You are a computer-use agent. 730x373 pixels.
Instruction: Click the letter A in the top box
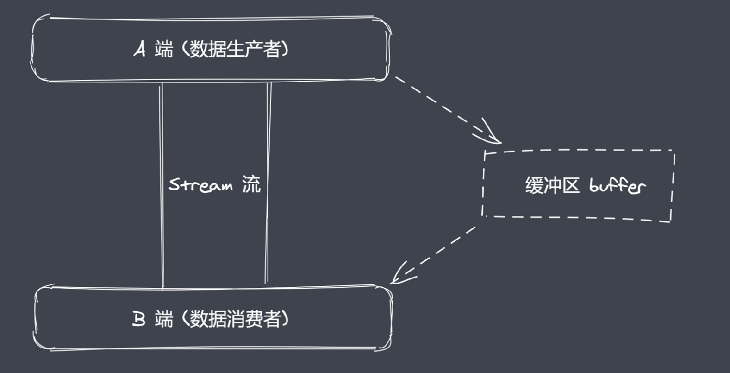(139, 49)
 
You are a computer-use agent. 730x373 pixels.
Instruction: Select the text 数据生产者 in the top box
(235, 49)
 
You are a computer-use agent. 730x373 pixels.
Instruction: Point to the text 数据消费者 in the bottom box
(235, 319)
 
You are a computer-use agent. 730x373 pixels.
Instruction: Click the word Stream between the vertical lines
(200, 185)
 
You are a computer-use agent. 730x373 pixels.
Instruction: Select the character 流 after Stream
(251, 184)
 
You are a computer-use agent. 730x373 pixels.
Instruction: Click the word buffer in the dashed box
(617, 185)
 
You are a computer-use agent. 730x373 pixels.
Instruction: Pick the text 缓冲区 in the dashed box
(552, 186)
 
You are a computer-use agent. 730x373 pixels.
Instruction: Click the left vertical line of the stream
(162, 185)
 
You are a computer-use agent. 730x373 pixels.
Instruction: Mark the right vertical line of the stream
(268, 185)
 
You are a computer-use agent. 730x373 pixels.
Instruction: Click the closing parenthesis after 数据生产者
(285, 49)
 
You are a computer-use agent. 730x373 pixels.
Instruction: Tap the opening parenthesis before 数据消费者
(184, 319)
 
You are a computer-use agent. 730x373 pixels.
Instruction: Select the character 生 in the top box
(235, 49)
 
